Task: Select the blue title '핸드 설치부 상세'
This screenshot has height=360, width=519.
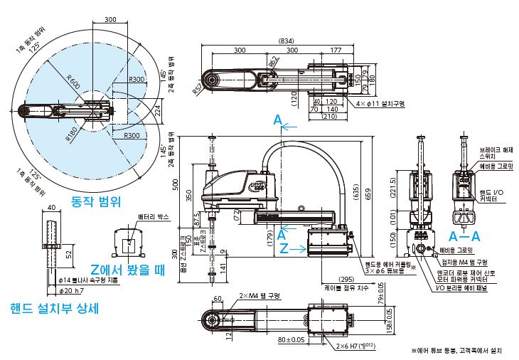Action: click(x=54, y=309)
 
